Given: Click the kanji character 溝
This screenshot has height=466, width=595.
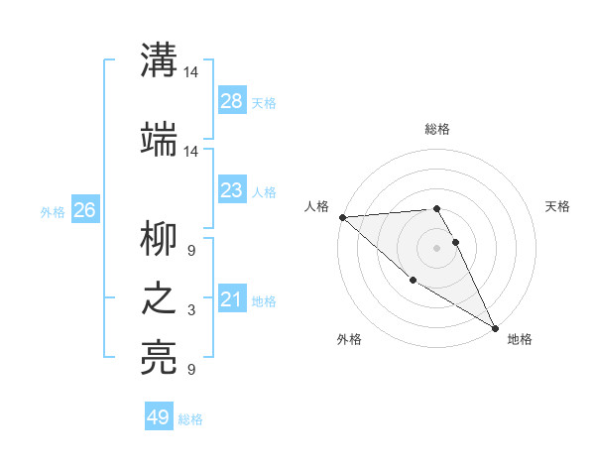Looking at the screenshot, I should (160, 62).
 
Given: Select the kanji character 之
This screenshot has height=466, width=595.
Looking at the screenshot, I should (160, 301).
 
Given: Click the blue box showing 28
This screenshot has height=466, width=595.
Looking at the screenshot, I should (231, 101).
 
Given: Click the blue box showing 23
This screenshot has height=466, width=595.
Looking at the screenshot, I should (231, 190).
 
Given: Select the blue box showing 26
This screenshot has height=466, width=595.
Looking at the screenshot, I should (85, 210).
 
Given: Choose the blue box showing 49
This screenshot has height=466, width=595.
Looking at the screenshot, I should (159, 417).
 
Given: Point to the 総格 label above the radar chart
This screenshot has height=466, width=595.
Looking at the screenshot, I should (437, 129).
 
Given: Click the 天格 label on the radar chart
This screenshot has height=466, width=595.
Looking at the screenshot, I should (557, 206).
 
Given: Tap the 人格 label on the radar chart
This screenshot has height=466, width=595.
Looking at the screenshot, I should (316, 206).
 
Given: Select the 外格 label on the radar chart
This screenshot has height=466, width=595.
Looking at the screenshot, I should (349, 339).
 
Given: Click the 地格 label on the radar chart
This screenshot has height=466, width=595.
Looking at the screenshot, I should (520, 339).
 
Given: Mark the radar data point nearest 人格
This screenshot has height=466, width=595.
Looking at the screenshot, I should (342, 217).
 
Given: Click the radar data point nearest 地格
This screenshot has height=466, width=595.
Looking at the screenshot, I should (495, 327).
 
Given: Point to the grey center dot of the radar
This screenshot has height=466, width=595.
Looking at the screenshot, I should (437, 248).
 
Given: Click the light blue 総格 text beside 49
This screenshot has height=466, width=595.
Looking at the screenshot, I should (190, 419).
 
